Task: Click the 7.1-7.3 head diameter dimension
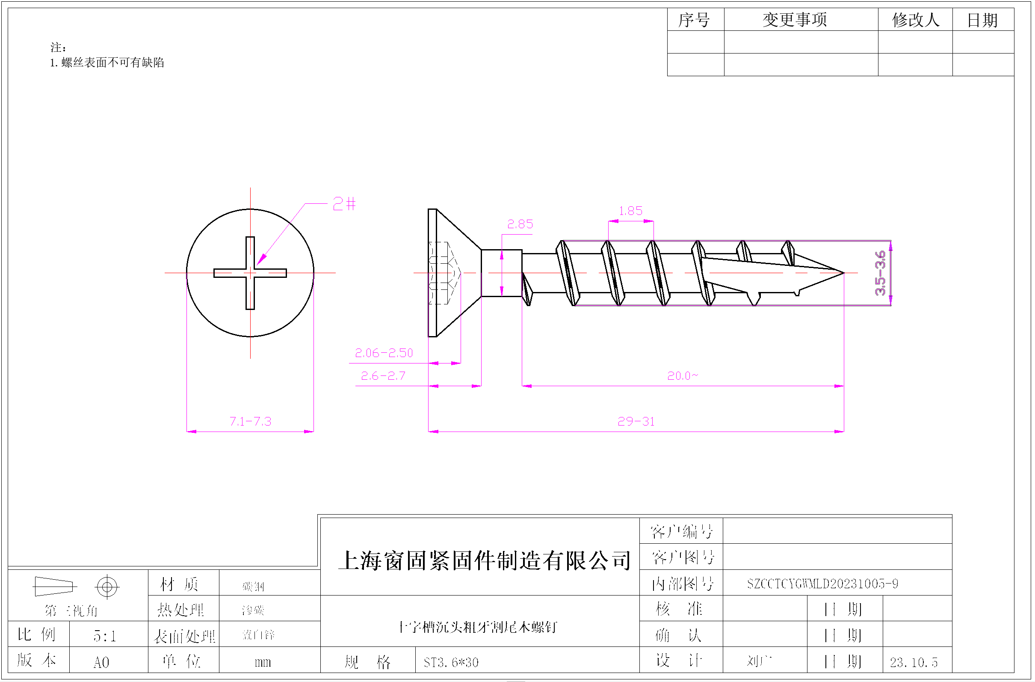click(250, 421)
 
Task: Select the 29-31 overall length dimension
click(636, 421)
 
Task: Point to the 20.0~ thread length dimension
click(682, 375)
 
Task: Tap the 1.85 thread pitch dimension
click(630, 211)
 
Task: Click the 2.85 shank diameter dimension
click(520, 224)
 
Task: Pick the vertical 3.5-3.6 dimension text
click(880, 273)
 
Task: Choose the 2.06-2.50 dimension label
click(384, 353)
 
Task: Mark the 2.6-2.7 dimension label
click(383, 375)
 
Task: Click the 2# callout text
click(344, 204)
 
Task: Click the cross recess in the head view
click(250, 273)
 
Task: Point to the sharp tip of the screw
click(843, 273)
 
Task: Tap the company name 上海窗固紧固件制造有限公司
click(485, 560)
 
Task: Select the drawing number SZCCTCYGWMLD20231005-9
click(822, 584)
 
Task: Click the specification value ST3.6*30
click(451, 662)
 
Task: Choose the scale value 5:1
click(105, 636)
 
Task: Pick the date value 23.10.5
click(914, 662)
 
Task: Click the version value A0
click(101, 662)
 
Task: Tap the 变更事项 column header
click(795, 20)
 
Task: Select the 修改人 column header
click(915, 20)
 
